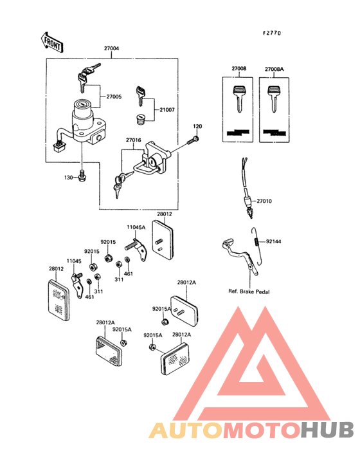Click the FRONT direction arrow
point(51,42)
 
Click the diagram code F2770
point(272,33)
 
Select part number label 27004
point(111,48)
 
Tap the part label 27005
point(114,97)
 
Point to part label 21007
point(167,110)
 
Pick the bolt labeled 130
point(82,176)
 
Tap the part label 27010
point(264,201)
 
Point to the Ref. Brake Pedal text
point(249,291)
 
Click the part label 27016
point(134,140)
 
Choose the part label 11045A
point(136,227)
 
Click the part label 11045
point(74,261)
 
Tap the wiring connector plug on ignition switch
point(59,146)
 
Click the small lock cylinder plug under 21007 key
point(139,118)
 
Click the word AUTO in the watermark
point(186,430)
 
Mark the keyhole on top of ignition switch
point(82,104)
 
